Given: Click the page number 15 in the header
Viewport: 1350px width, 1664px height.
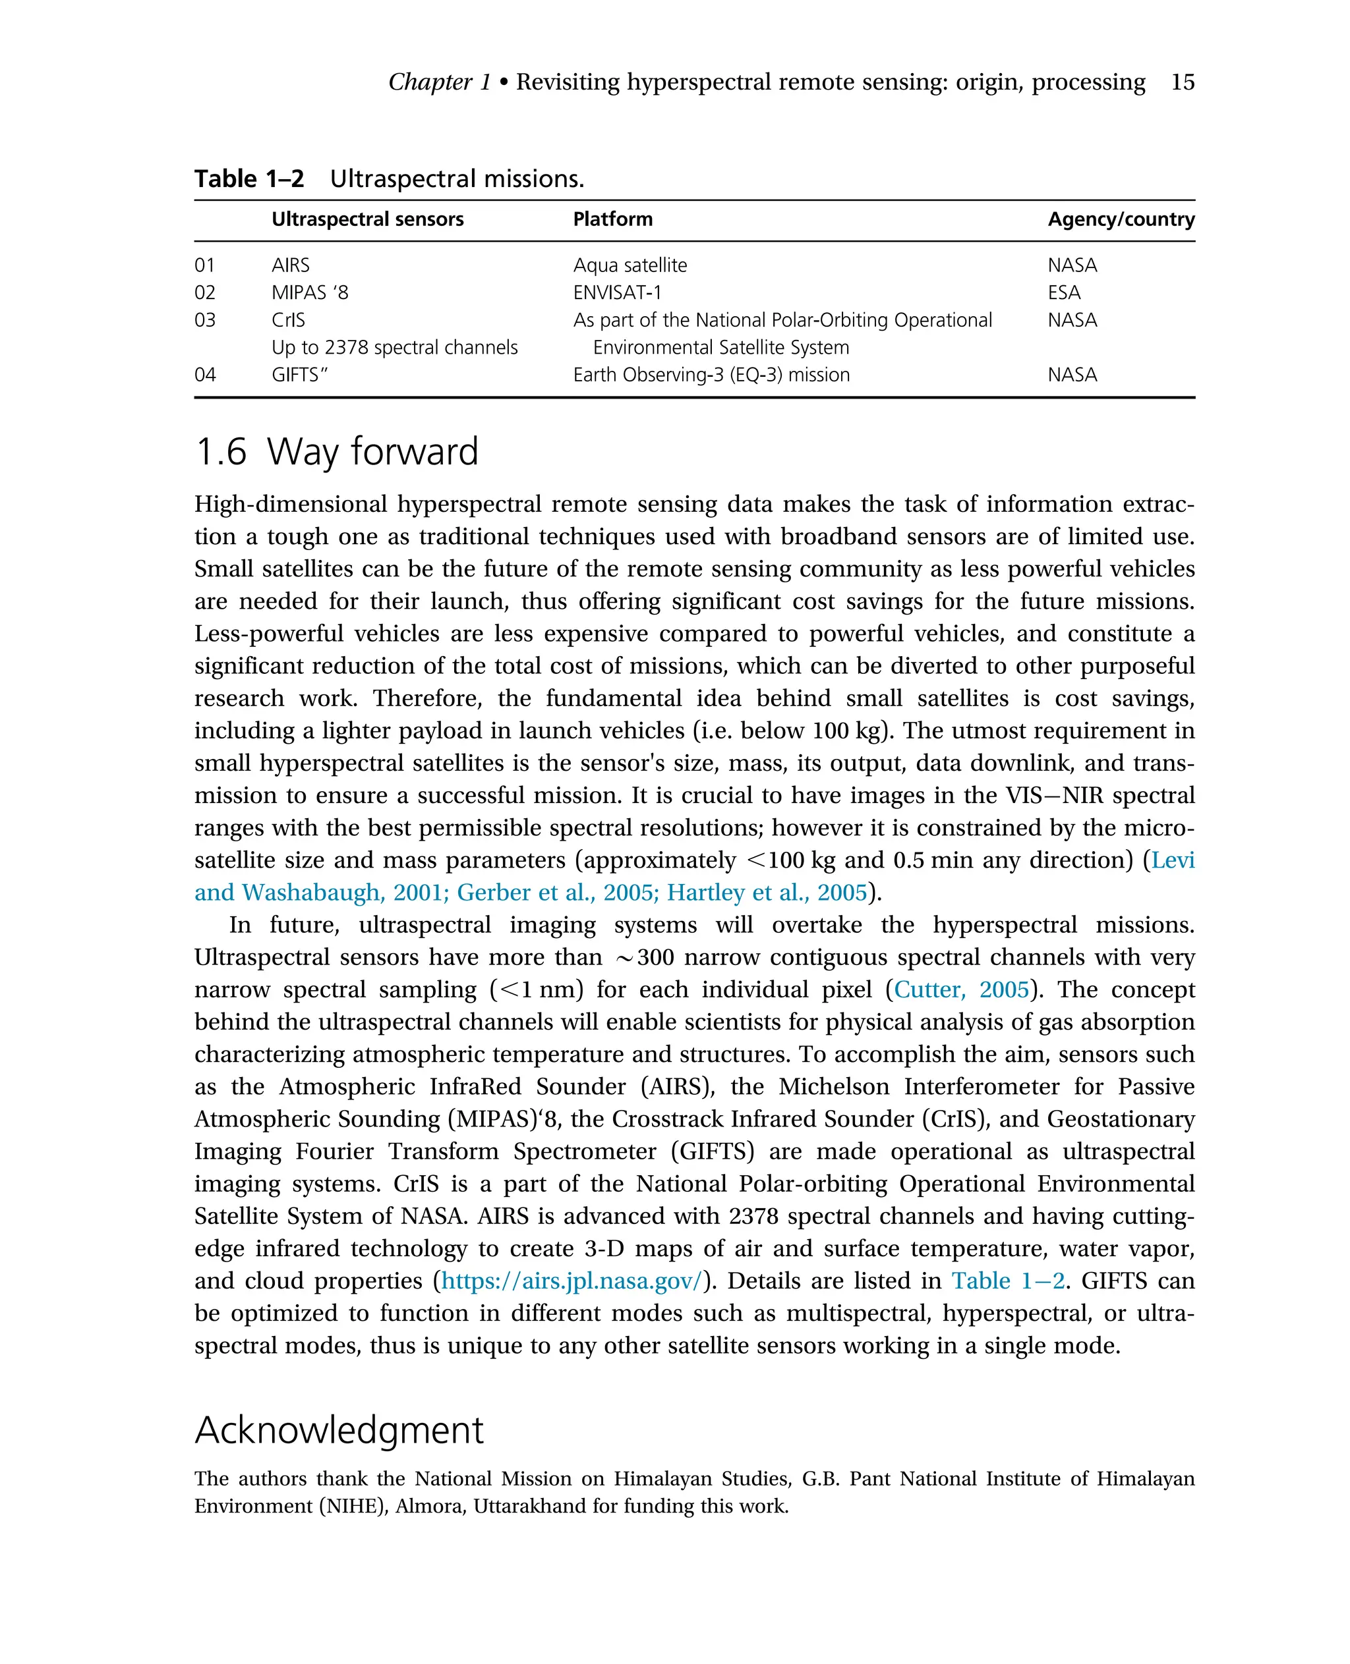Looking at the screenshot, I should coord(1182,82).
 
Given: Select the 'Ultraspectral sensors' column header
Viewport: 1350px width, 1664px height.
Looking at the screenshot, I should coord(367,219).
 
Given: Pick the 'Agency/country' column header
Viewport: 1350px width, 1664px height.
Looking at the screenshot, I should coord(1121,219).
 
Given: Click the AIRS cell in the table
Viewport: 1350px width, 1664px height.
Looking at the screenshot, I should coord(290,265).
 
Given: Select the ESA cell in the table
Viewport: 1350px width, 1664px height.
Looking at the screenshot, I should coord(1063,292).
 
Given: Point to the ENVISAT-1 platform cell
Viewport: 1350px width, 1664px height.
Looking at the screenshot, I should coord(617,292).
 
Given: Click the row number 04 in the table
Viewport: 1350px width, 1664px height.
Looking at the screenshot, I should coord(204,375).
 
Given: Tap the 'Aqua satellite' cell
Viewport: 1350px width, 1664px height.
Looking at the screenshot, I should coord(630,265).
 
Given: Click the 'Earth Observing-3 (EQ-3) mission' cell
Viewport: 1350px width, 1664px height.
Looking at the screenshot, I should coord(711,375).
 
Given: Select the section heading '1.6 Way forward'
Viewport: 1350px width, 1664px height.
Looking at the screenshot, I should coord(336,451).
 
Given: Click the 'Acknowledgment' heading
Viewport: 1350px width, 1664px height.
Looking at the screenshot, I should coord(338,1430).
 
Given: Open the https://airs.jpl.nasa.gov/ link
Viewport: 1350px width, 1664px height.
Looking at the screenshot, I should coord(572,1280).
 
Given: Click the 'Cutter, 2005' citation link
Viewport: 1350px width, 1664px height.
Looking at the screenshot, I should coord(961,989).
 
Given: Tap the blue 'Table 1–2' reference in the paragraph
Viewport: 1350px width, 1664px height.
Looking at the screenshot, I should coord(1008,1280).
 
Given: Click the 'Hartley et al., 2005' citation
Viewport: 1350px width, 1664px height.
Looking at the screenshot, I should coord(766,892).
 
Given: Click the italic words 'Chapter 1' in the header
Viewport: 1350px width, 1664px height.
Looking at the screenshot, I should coord(440,82).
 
